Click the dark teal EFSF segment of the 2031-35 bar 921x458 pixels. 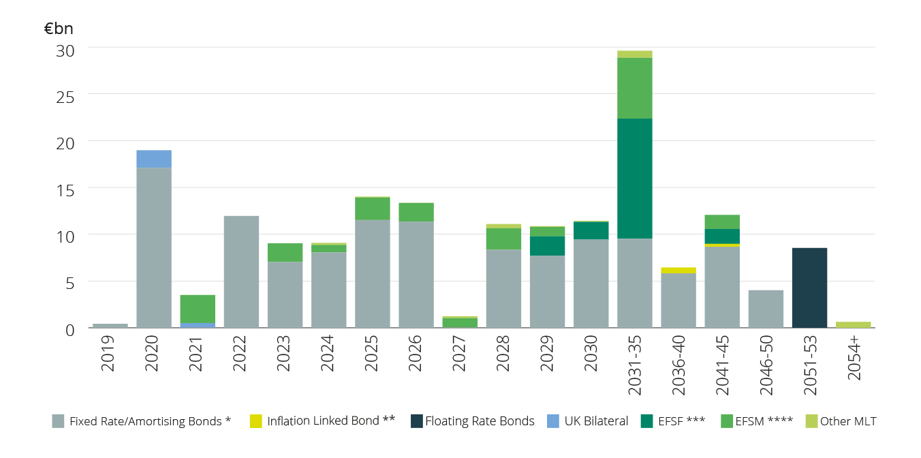[635, 179]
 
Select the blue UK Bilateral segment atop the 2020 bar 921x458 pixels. [154, 159]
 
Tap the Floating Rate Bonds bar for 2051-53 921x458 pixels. [809, 288]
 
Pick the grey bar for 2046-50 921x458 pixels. [766, 309]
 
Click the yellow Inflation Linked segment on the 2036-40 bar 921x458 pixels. [678, 271]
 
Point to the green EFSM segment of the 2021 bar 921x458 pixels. [198, 309]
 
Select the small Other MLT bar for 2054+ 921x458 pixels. [853, 324]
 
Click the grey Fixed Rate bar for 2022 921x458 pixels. [241, 272]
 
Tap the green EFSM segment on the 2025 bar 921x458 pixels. [373, 209]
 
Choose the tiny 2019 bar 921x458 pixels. [110, 326]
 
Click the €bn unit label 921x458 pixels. [59, 29]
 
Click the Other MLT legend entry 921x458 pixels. [841, 421]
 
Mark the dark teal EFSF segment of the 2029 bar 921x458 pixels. [548, 246]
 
